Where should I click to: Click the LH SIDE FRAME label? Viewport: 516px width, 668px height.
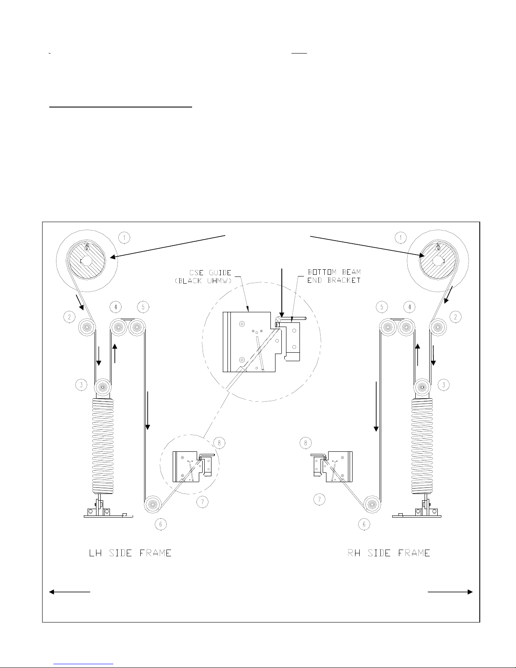point(130,553)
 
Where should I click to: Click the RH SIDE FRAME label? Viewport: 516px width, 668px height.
point(388,553)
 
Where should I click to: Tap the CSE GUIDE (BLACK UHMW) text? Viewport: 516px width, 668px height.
point(203,276)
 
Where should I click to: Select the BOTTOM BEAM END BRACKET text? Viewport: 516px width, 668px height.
point(334,276)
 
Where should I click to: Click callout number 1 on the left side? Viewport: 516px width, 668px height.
point(124,238)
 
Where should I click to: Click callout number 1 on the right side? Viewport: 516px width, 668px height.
point(401,238)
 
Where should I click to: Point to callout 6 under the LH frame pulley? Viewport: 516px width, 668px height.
point(160,524)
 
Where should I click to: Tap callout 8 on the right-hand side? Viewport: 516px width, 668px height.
point(306,443)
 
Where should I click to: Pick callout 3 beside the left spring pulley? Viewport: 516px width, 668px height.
point(81,384)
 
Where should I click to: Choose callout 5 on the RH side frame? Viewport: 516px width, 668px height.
point(382,307)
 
